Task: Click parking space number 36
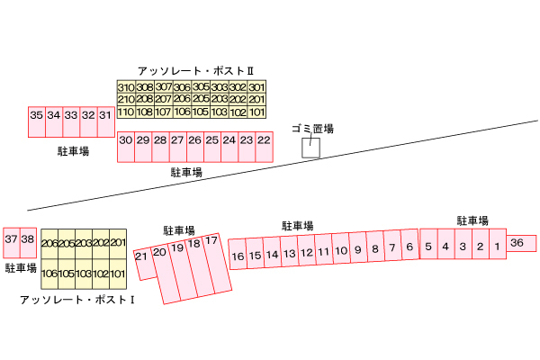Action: pos(517,243)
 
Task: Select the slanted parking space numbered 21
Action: pos(141,258)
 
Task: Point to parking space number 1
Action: pos(496,246)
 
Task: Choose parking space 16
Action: pos(238,256)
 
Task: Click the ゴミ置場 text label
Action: pos(312,129)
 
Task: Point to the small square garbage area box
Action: pos(310,148)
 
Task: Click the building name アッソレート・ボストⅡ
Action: pos(196,70)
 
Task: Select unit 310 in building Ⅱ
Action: pos(125,86)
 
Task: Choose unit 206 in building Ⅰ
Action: pos(50,243)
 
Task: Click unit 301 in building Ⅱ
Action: pos(257,86)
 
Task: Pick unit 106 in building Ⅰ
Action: pos(50,273)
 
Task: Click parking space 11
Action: pos(323,251)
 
